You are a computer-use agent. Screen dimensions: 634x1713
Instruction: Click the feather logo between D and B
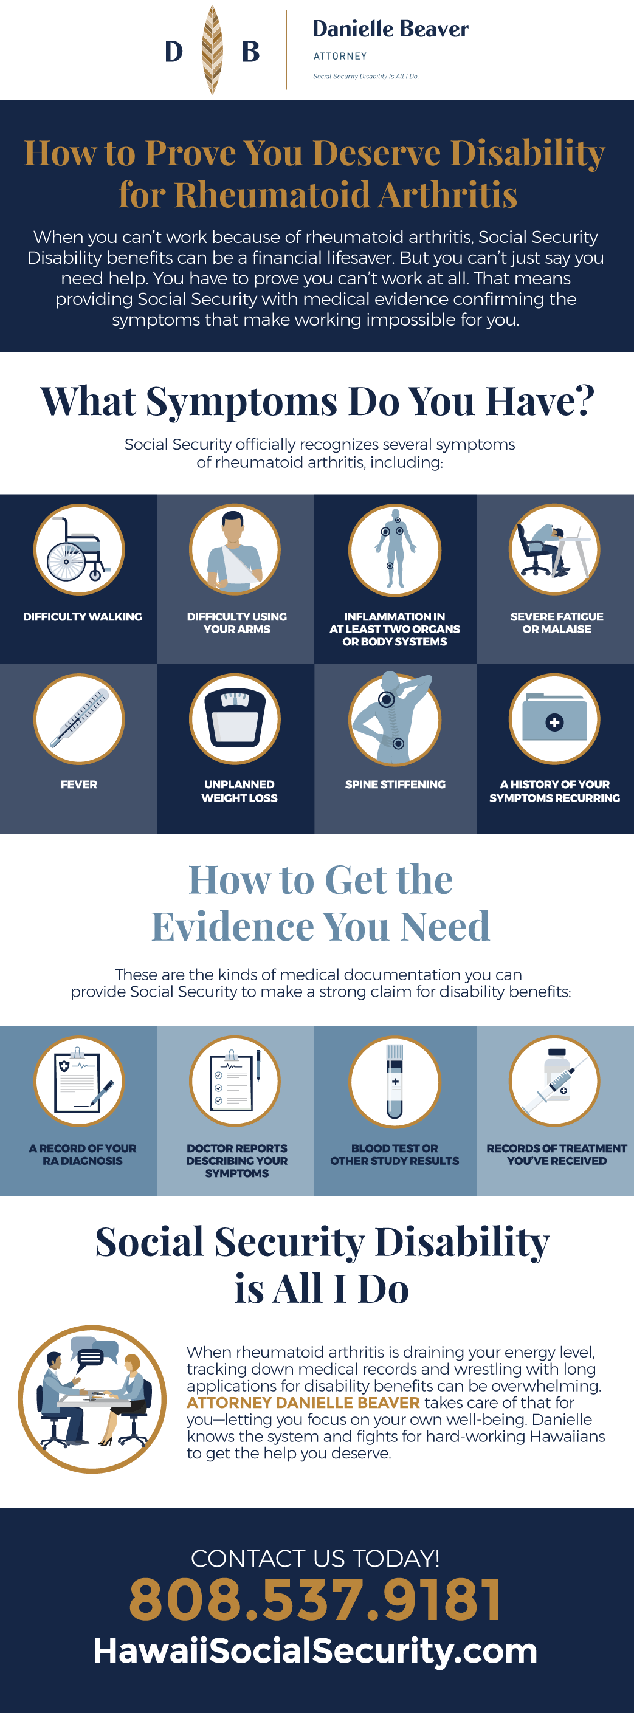click(x=212, y=50)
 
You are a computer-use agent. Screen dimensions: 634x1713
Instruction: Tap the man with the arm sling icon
click(x=235, y=549)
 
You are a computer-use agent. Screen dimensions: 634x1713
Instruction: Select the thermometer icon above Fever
click(x=79, y=719)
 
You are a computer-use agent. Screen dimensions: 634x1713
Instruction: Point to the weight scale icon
click(x=235, y=719)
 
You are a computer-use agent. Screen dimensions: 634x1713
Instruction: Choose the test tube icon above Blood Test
click(x=395, y=1081)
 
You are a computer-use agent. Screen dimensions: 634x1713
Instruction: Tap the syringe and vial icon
click(x=555, y=1081)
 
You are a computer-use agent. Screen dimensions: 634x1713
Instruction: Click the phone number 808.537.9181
click(x=315, y=1599)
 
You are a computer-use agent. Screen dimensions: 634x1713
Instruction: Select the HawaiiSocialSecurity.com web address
click(x=315, y=1650)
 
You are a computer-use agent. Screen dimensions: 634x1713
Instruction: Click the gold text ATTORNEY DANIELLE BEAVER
click(x=303, y=1402)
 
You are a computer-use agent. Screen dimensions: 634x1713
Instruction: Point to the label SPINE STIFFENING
click(x=395, y=784)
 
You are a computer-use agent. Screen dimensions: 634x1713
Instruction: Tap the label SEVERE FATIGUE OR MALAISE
click(x=557, y=623)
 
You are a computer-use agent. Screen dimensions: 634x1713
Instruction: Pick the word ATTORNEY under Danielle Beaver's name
click(x=340, y=57)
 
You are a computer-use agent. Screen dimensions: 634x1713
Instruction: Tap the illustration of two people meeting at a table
click(x=92, y=1399)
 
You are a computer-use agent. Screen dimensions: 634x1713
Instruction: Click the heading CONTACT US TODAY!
click(x=315, y=1559)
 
